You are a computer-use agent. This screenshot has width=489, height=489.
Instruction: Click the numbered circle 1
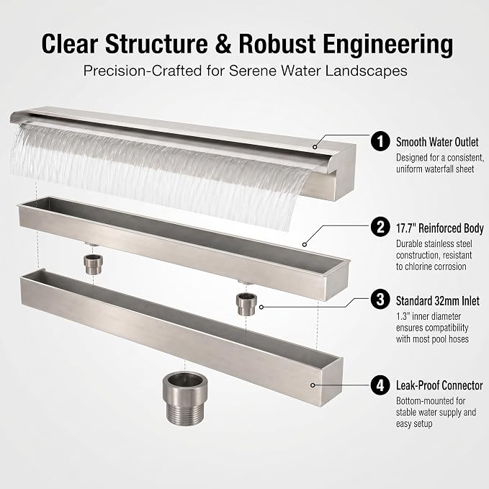pos(380,141)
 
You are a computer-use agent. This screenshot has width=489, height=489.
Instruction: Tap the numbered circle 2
pos(380,227)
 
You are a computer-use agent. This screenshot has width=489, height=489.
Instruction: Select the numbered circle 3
pos(380,300)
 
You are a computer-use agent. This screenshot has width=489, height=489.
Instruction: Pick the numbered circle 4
pos(380,385)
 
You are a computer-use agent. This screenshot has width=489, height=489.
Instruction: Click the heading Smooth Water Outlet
pos(437,142)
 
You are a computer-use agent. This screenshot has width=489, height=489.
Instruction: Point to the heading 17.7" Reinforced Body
pos(440,228)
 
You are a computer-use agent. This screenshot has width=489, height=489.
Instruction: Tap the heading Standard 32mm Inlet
pos(438,300)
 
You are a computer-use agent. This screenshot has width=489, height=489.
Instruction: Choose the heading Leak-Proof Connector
pos(439,385)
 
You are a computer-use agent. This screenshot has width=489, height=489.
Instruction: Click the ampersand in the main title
pos(223,44)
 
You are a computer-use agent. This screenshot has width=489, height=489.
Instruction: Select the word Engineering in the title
pos(387,45)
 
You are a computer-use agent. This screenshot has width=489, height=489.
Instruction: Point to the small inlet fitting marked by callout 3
pos(246,304)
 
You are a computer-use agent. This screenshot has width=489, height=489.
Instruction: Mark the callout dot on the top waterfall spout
pos(315,147)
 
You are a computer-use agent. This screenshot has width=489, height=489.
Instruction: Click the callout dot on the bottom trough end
pos(313,385)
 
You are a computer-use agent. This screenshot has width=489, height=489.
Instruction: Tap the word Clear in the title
pos(70,44)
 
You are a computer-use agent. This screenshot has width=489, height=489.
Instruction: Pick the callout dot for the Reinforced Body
pos(305,245)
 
